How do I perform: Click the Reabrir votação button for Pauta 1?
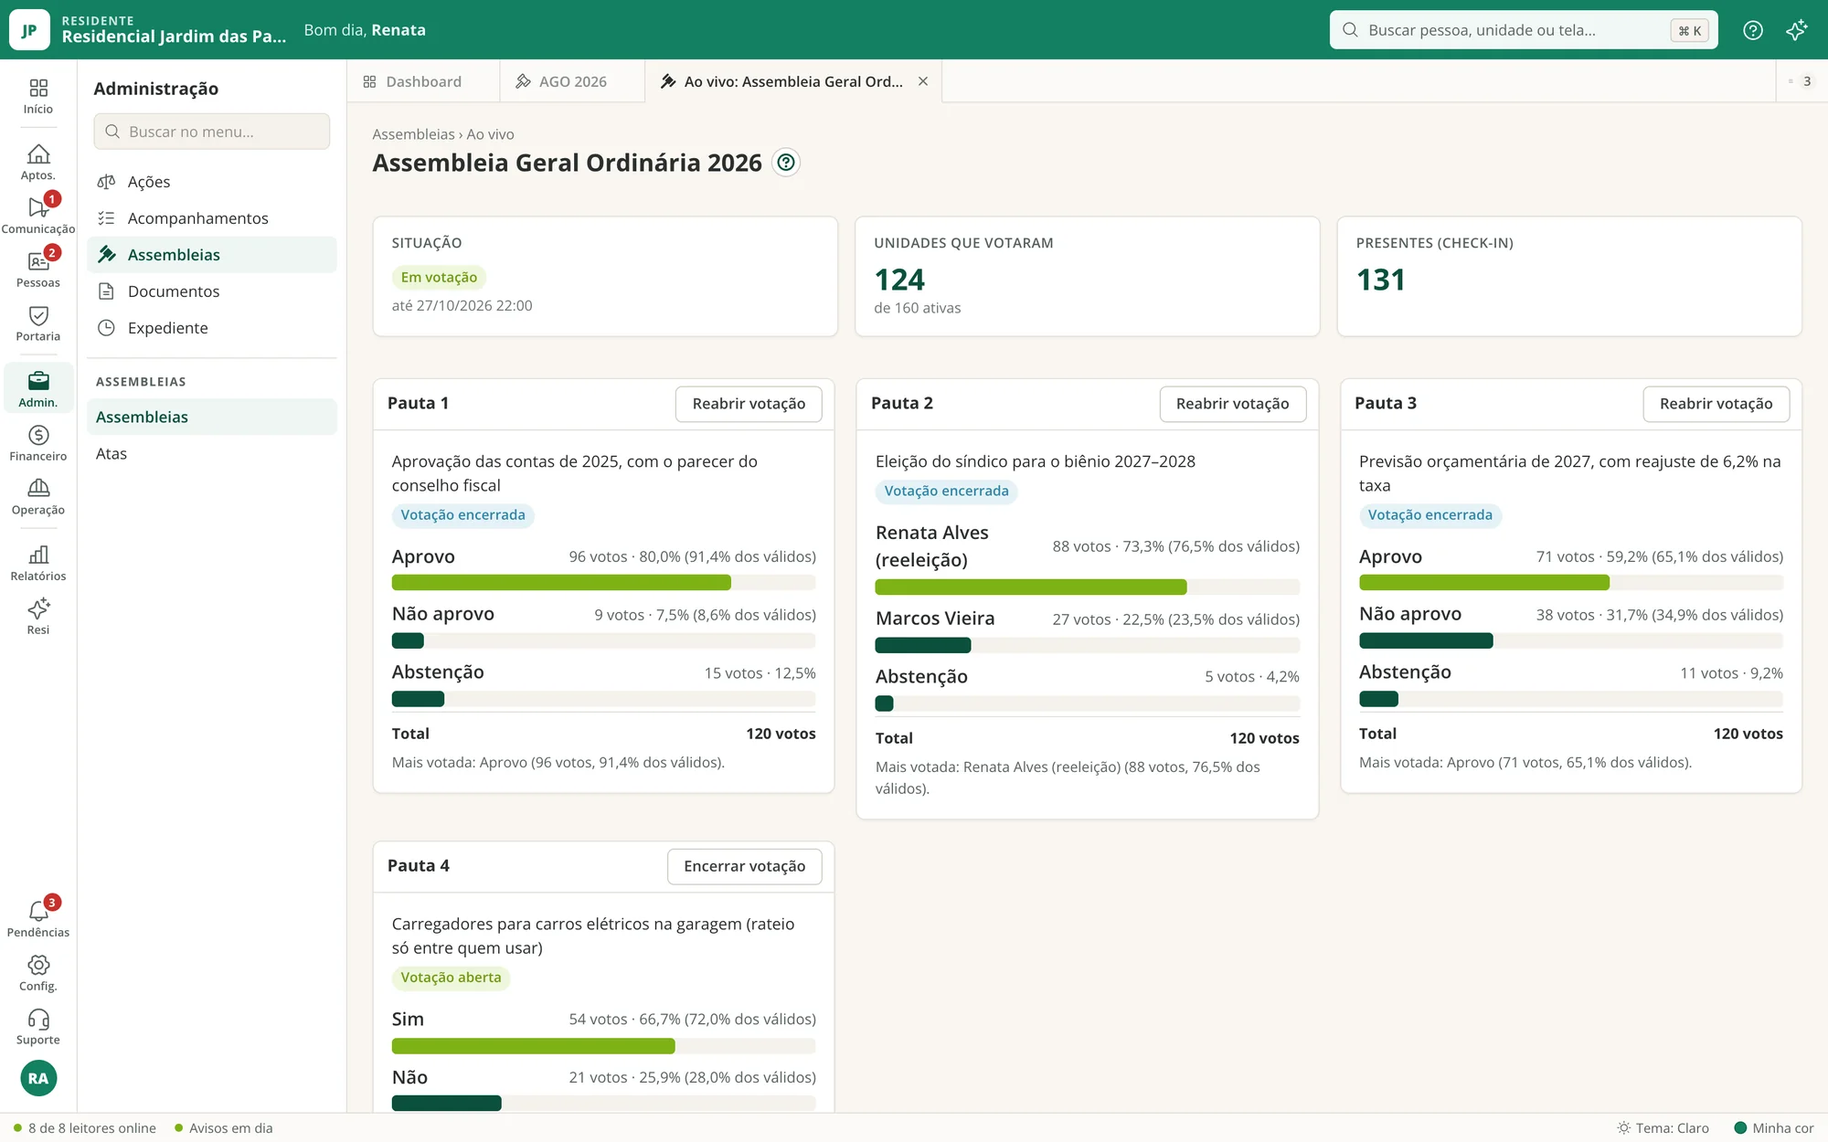(x=749, y=404)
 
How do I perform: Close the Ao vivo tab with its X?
(x=923, y=81)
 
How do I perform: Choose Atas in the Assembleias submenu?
(x=112, y=454)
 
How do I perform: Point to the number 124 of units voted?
(x=899, y=280)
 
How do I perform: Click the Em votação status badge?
(x=439, y=278)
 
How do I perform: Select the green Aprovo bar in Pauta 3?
(x=1483, y=583)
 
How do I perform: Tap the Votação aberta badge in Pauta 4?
(x=451, y=978)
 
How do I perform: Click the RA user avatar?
(x=38, y=1078)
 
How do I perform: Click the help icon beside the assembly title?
(x=785, y=163)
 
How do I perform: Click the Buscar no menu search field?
(x=211, y=132)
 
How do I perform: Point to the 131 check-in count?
(x=1380, y=280)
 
